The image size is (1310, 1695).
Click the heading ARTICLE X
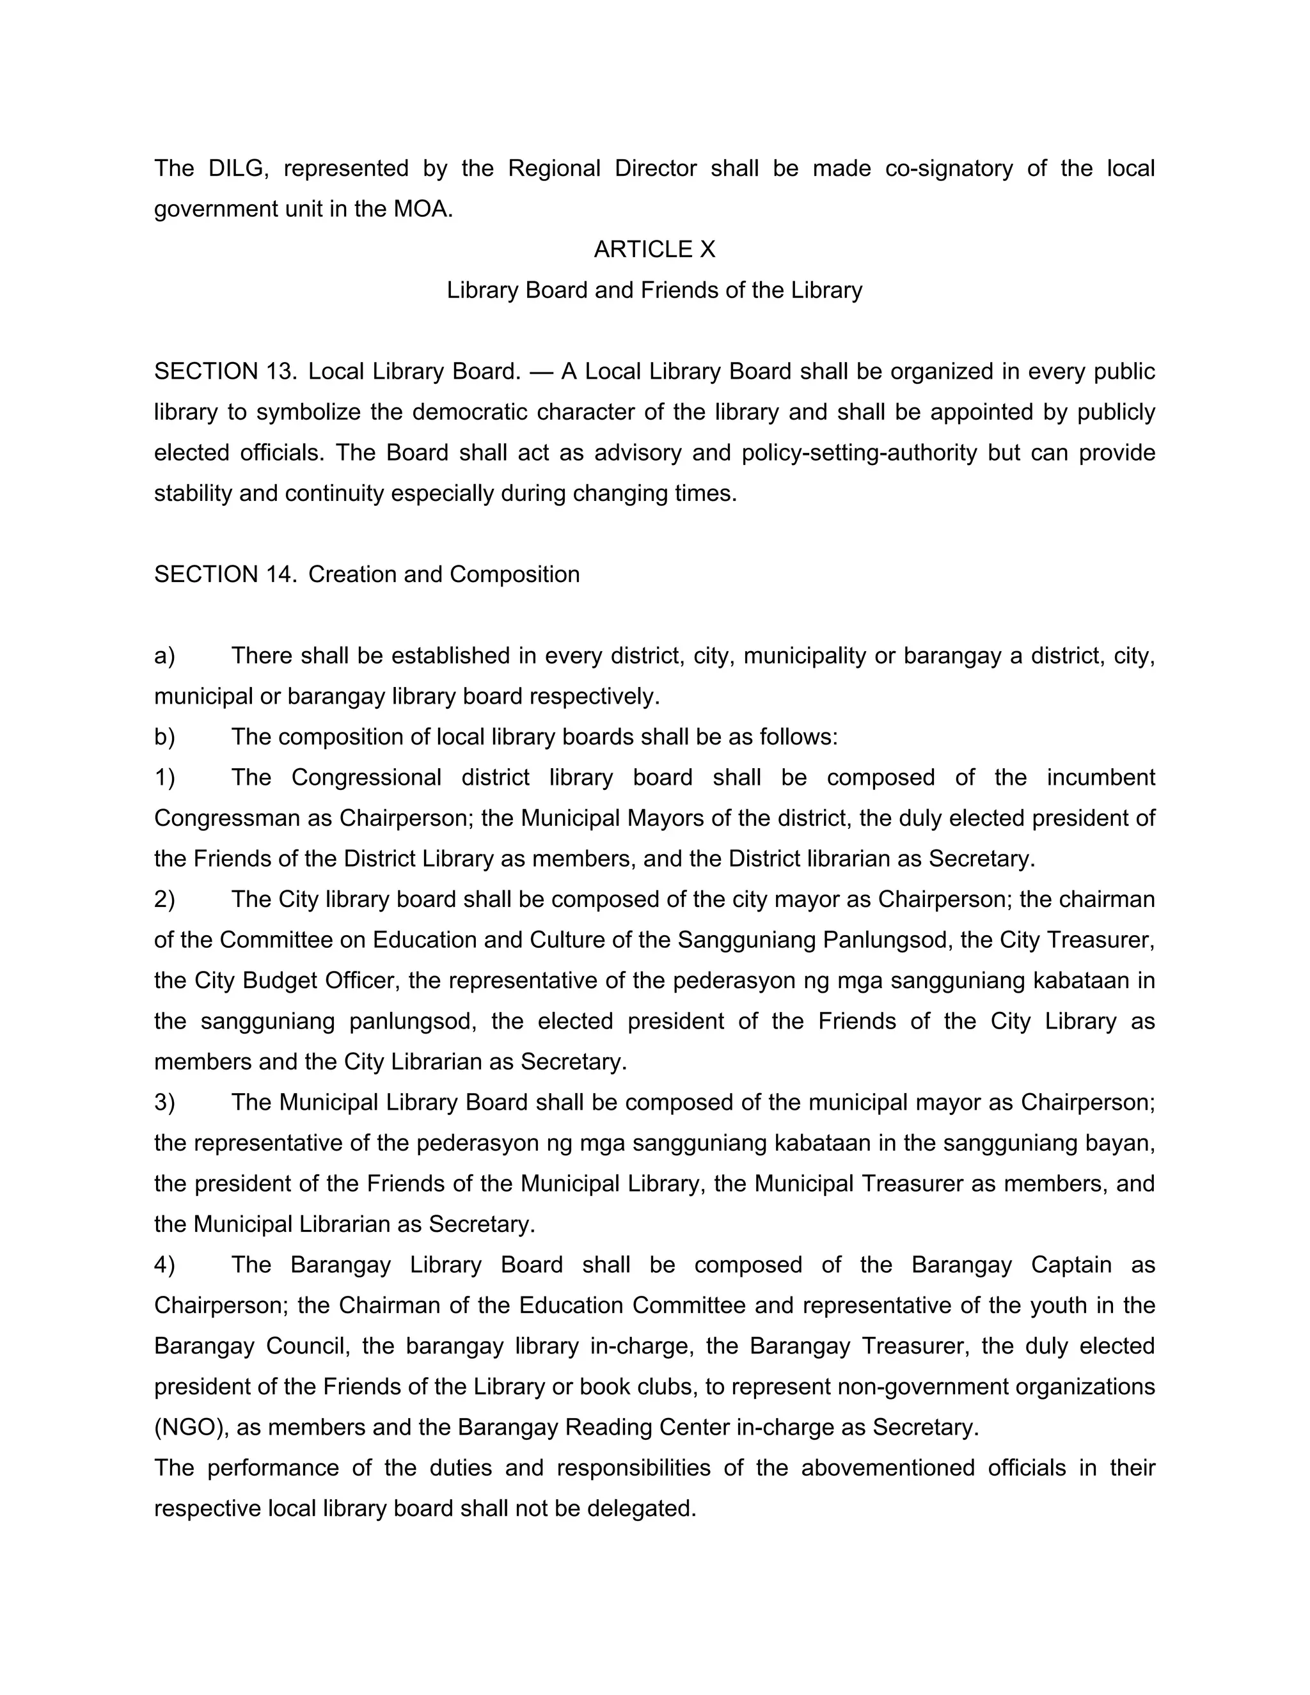point(654,249)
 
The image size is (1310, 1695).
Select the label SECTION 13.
point(225,372)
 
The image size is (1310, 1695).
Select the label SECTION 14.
point(225,574)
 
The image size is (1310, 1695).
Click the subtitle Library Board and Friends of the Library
point(654,290)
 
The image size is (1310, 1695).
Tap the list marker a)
point(164,656)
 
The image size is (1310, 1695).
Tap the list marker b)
point(164,736)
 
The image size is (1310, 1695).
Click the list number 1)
point(164,778)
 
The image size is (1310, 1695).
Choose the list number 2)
point(164,899)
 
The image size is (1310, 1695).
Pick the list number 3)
point(164,1102)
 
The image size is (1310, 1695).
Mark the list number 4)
point(164,1265)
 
